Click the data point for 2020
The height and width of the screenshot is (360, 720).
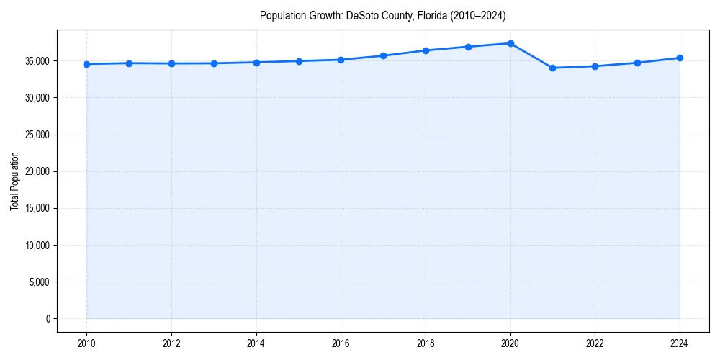[510, 43]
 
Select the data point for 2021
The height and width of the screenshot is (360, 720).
[552, 68]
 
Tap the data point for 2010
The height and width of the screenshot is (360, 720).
[86, 64]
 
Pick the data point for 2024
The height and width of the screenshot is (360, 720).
[680, 58]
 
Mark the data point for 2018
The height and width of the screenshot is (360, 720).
[426, 50]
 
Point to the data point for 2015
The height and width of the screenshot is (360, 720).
[299, 61]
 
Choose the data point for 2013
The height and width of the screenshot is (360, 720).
[214, 63]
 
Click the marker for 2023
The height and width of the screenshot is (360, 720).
[637, 63]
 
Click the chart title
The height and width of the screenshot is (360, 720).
[383, 15]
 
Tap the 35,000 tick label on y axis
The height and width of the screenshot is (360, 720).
[36, 61]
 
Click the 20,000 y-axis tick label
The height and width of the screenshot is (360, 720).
[36, 171]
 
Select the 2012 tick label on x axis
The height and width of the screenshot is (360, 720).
[171, 343]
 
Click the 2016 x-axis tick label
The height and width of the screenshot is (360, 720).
[341, 343]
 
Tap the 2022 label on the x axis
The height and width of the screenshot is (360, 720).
[595, 343]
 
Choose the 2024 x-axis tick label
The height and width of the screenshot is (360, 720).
[680, 343]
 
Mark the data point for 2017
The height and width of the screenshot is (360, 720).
[383, 55]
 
